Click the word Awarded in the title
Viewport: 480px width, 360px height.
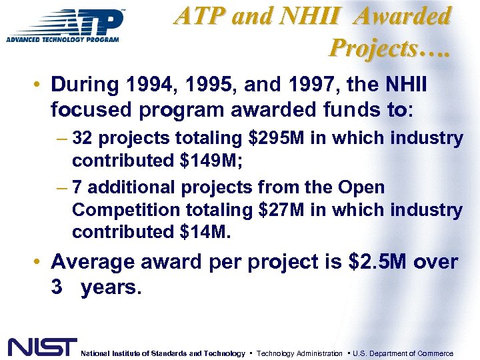click(x=403, y=17)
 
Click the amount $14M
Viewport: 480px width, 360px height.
click(x=203, y=232)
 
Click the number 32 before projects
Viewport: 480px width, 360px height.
click(x=83, y=139)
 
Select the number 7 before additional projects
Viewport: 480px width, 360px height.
click(x=77, y=188)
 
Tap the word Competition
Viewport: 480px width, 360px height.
click(x=117, y=210)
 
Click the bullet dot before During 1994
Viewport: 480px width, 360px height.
click(x=41, y=86)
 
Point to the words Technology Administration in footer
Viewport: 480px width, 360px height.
click(x=299, y=353)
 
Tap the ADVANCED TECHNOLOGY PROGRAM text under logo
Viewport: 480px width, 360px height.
click(x=63, y=39)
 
